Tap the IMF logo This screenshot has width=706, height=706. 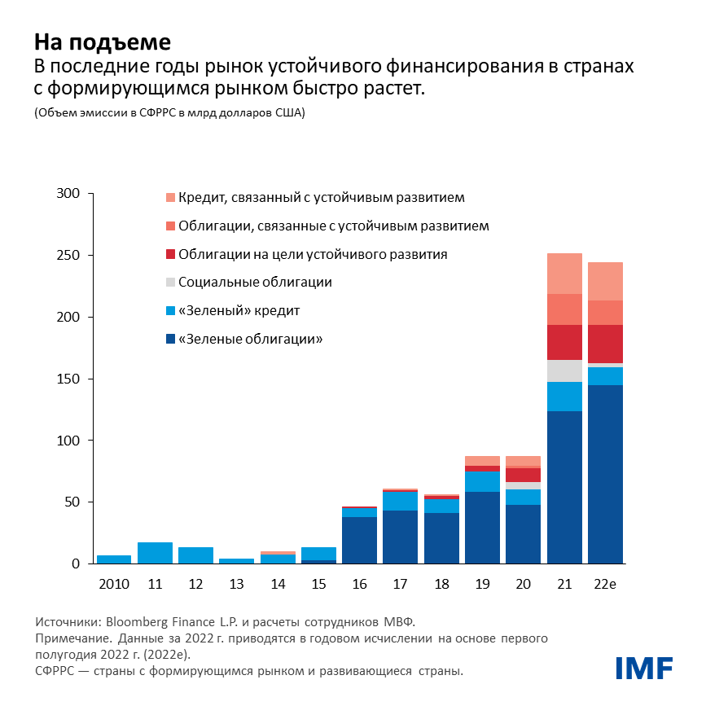pyautogui.click(x=642, y=668)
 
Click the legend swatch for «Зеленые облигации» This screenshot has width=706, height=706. pyautogui.click(x=169, y=339)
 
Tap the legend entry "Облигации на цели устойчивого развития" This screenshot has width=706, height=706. pyautogui.click(x=312, y=254)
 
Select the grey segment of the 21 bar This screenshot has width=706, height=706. pyautogui.click(x=564, y=371)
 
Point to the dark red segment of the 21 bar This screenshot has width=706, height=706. pyautogui.click(x=564, y=342)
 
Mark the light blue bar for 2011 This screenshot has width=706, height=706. pyautogui.click(x=155, y=553)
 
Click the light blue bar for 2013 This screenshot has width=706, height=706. pyautogui.click(x=236, y=560)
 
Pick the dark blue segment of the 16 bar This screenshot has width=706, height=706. pyautogui.click(x=359, y=540)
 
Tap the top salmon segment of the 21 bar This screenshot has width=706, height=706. pyautogui.click(x=564, y=273)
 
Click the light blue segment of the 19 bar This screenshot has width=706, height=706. pyautogui.click(x=482, y=481)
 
